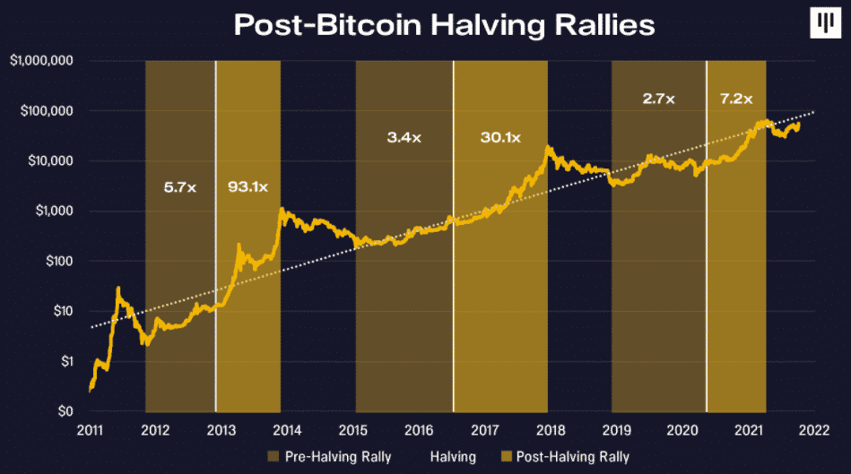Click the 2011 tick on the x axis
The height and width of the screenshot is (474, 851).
[90, 430]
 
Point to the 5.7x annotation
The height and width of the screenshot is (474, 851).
[179, 188]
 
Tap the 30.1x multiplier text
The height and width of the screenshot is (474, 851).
[498, 138]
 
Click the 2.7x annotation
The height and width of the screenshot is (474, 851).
[660, 99]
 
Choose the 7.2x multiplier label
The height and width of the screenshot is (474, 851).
[735, 99]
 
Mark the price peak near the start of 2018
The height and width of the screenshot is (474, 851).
[546, 148]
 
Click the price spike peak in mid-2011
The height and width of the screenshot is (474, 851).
[118, 289]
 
